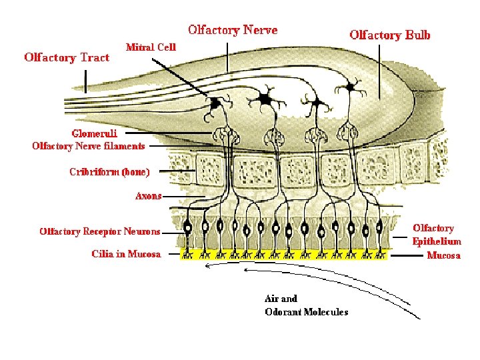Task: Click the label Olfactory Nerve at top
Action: pos(233,30)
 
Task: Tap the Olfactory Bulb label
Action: pos(390,35)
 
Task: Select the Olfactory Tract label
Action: pos(67,57)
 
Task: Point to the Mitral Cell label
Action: pos(151,47)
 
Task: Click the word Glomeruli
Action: pos(94,133)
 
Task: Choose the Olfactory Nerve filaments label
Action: pos(89,146)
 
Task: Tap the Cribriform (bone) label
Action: pos(109,172)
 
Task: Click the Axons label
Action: pos(148,196)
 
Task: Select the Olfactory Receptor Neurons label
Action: pos(100,232)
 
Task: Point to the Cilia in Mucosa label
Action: pos(126,254)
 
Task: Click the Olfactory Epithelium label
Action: pos(437,235)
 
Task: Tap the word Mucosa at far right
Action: pos(443,255)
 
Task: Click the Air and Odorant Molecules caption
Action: pos(306,305)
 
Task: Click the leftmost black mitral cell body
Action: pos(215,104)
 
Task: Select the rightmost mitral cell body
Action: pos(349,87)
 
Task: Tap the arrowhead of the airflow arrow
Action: pos(207,266)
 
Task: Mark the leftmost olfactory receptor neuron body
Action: pos(188,227)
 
